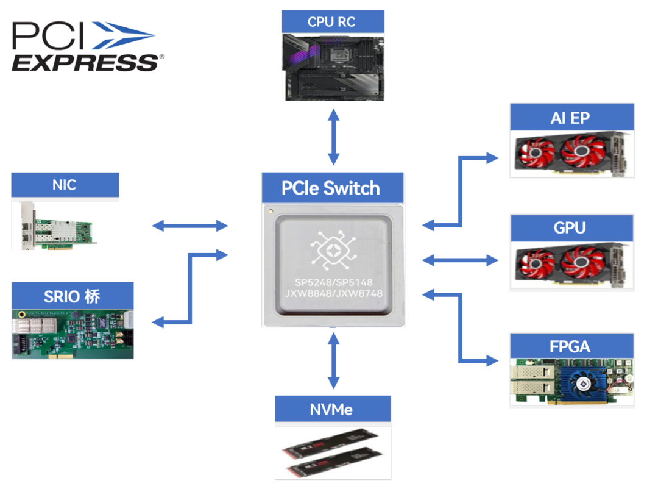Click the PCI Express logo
(x=87, y=46)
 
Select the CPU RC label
(x=333, y=22)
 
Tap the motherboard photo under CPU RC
(x=333, y=67)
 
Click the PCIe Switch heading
(x=333, y=188)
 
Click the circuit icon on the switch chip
(x=333, y=248)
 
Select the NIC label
(x=65, y=184)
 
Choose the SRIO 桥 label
(x=73, y=296)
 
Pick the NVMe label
(x=332, y=409)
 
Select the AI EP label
(x=571, y=118)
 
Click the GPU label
(x=571, y=228)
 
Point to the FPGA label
(x=571, y=346)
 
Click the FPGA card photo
(x=571, y=382)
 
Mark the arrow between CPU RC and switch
(x=333, y=137)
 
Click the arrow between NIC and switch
(x=189, y=226)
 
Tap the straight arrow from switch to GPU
(x=460, y=260)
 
